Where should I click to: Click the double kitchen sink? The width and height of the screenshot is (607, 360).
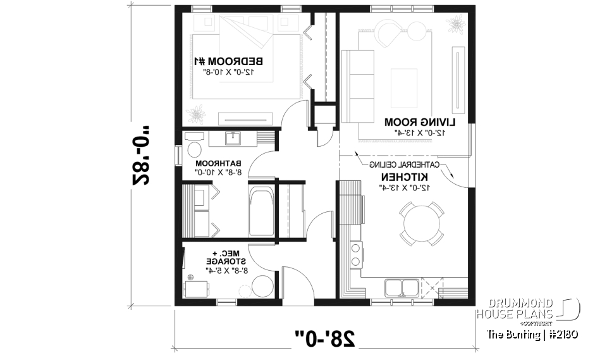(x=401, y=287)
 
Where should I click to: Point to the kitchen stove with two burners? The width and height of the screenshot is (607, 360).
(x=355, y=254)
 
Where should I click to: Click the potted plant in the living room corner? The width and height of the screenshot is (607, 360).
(x=455, y=25)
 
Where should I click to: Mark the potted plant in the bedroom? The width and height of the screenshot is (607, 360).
(x=199, y=115)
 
